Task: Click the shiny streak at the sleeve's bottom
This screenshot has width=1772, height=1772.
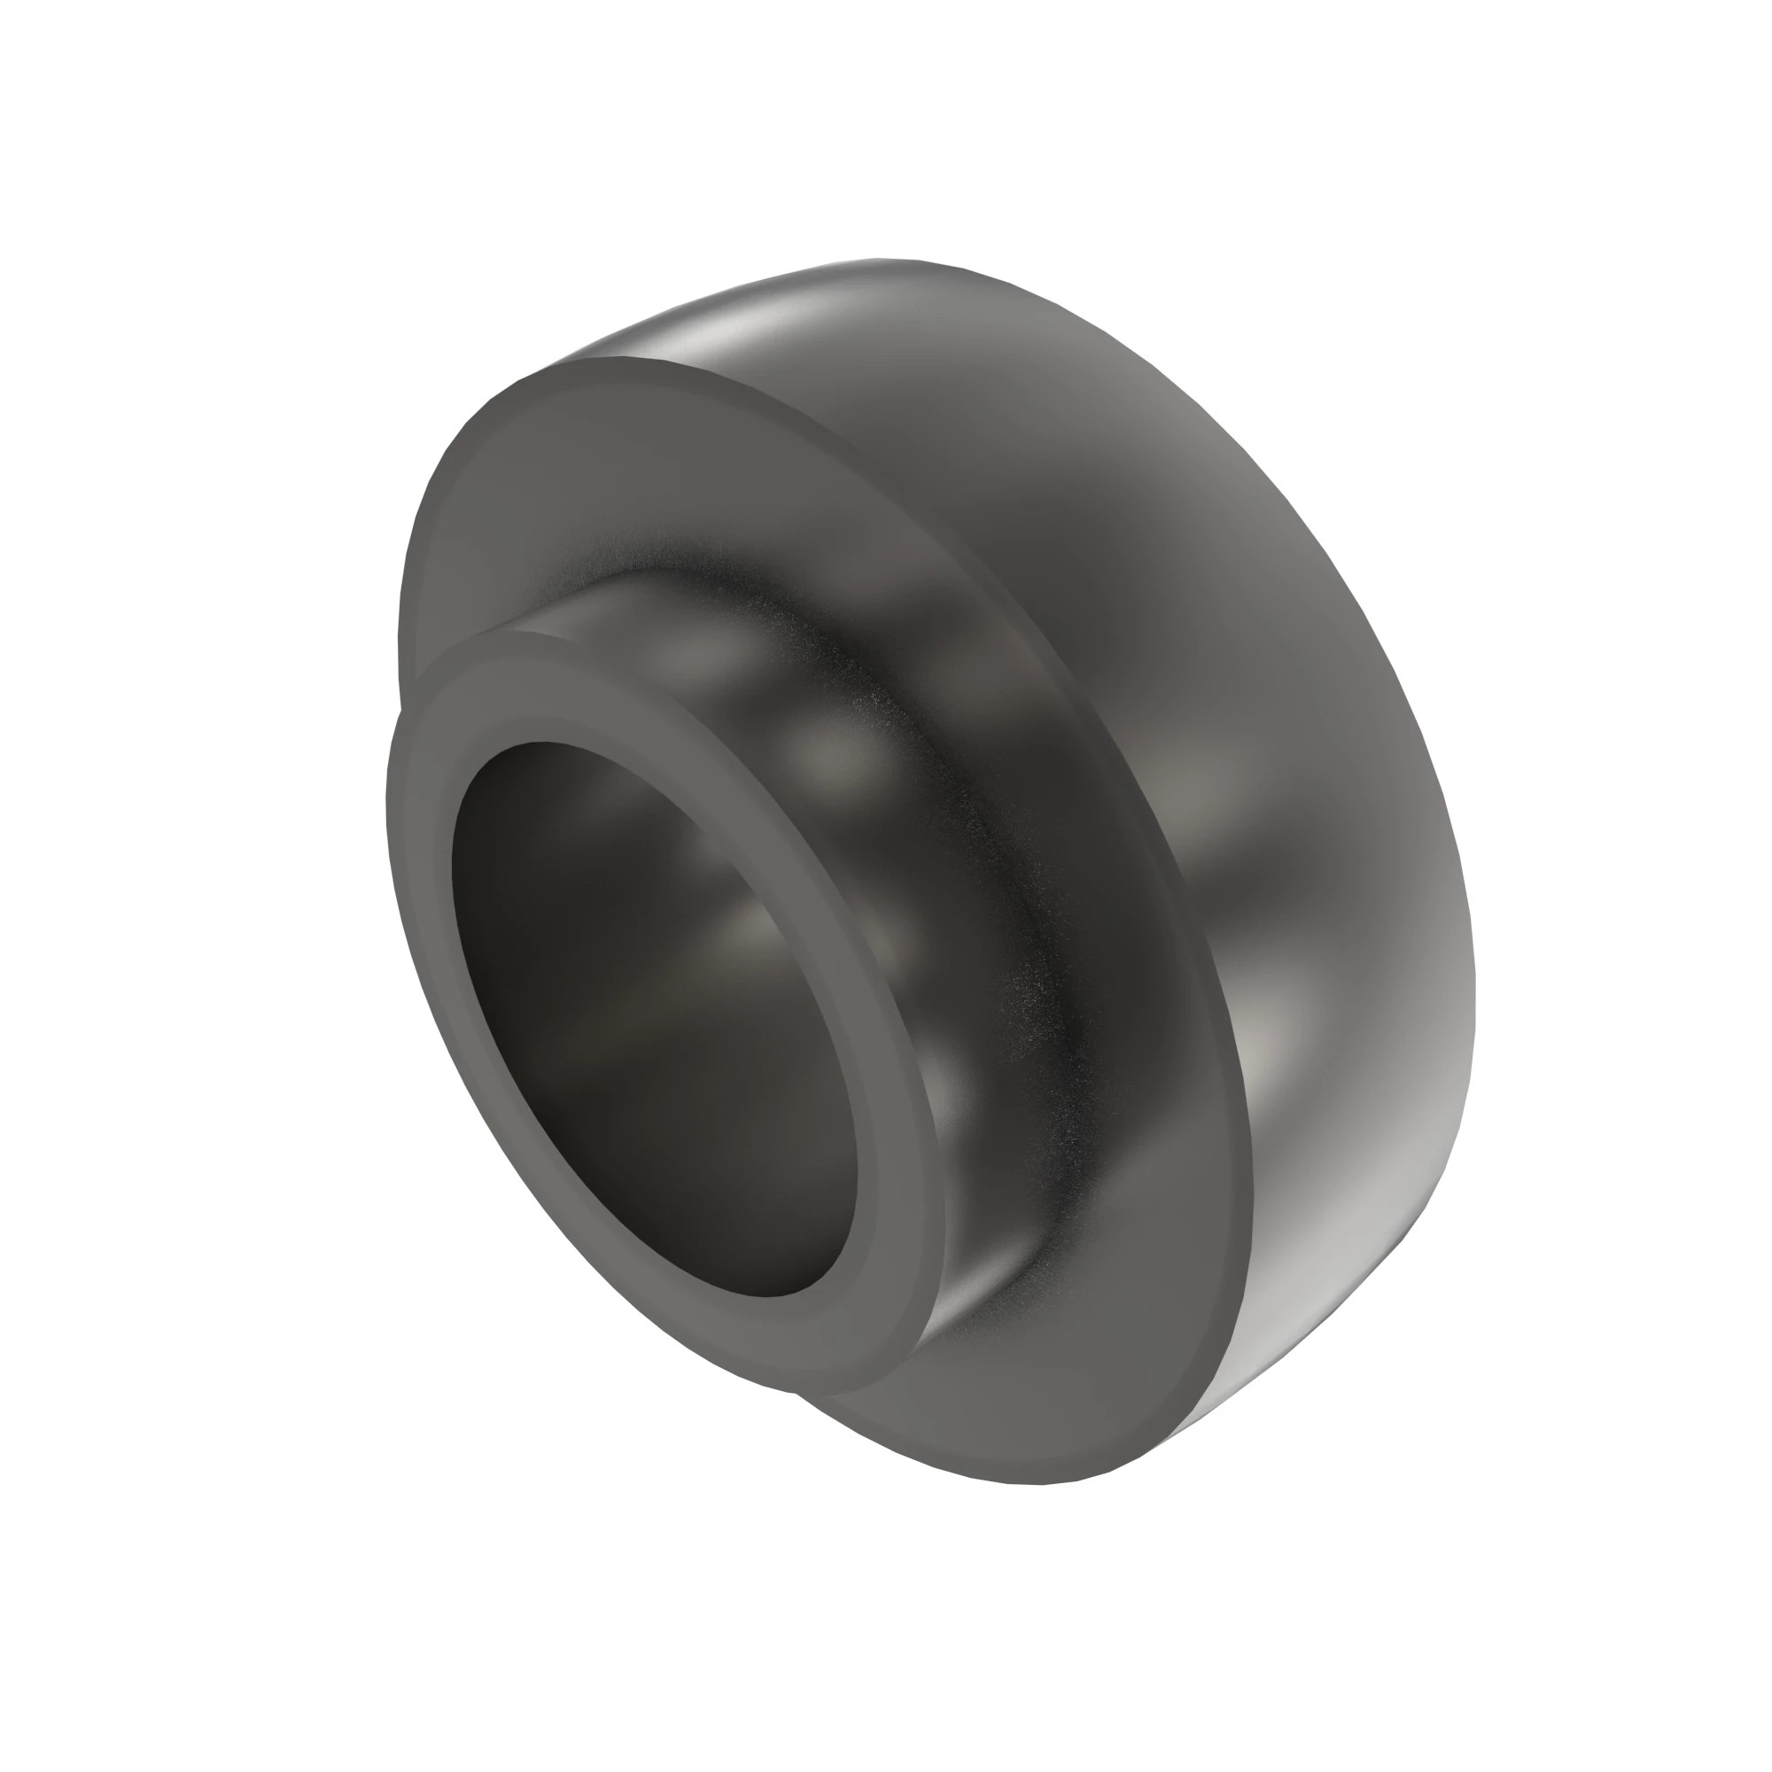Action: point(972,1284)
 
